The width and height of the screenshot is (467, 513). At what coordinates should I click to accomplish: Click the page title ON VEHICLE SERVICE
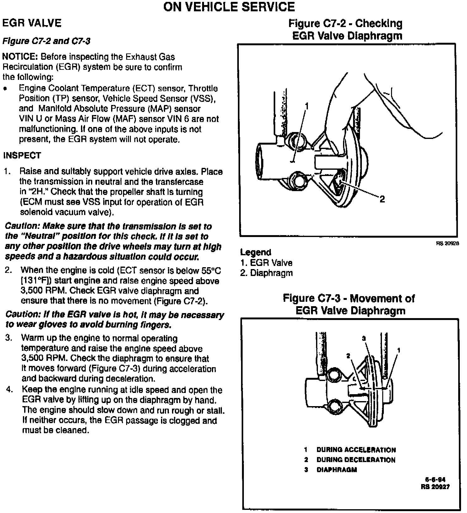229,7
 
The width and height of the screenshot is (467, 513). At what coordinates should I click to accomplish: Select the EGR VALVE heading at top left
32,23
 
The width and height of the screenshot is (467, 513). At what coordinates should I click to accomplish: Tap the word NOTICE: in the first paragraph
20,57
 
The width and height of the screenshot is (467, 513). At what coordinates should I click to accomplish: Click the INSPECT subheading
22,156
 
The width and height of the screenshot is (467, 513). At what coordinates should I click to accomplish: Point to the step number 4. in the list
10,390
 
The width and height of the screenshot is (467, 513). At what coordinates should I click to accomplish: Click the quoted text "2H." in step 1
37,192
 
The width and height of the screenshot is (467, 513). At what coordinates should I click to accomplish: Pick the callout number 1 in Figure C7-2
307,107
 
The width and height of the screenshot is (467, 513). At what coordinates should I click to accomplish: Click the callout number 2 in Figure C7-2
382,199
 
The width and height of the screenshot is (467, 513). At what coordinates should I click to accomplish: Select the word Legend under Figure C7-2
255,252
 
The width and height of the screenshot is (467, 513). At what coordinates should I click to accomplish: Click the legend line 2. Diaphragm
266,273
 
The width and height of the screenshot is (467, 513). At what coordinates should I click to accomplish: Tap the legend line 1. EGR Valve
266,263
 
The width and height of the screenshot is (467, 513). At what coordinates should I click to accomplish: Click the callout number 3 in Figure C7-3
364,338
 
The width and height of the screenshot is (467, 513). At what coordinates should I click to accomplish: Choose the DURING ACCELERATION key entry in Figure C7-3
356,450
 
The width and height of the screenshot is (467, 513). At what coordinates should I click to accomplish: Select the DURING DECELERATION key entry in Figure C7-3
356,460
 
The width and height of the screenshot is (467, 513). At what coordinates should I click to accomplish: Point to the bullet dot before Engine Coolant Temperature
5,89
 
